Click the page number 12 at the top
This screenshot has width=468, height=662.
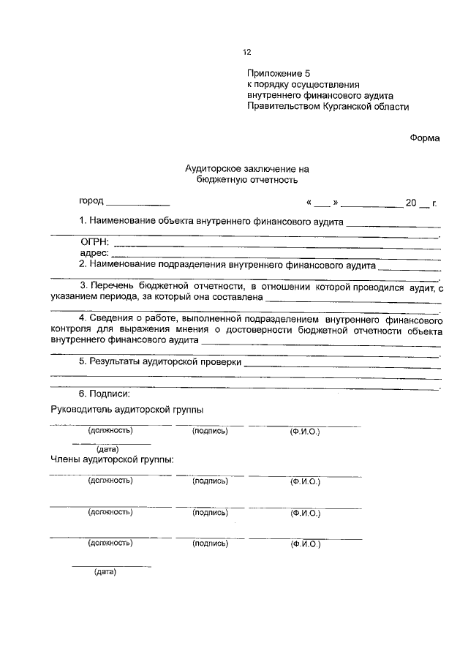[x=246, y=52]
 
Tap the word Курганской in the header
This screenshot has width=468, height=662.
[x=354, y=106]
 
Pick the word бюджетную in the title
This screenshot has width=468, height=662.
[x=222, y=180]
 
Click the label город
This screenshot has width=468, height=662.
[x=91, y=200]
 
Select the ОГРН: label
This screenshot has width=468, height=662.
[x=95, y=242]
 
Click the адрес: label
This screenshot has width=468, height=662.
[x=94, y=253]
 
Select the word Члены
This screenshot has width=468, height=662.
[x=67, y=460]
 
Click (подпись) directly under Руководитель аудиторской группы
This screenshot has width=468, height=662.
[x=210, y=432]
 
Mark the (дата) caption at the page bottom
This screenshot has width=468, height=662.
[x=105, y=572]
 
